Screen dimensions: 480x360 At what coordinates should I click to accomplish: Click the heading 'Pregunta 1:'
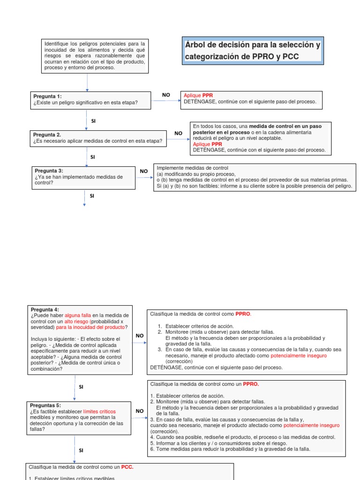click(47, 96)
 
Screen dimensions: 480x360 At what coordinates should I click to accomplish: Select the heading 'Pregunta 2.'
click(47, 134)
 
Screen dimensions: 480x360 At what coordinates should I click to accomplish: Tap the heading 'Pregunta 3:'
click(49, 171)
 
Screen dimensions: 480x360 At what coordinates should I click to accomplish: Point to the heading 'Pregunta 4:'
click(45, 309)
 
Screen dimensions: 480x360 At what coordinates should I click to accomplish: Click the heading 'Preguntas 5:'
click(45, 405)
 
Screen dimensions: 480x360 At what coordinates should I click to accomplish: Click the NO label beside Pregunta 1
click(166, 95)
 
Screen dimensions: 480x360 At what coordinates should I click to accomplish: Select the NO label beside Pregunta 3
click(144, 171)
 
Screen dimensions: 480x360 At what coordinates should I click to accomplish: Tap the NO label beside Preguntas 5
click(140, 411)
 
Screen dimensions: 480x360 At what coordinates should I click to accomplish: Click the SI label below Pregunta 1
click(93, 121)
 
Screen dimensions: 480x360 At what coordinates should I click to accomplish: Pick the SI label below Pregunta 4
click(81, 387)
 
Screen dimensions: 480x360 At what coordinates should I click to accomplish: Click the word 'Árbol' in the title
click(197, 45)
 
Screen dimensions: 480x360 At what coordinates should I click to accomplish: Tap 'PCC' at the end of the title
click(289, 56)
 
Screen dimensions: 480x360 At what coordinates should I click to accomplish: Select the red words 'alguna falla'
click(79, 315)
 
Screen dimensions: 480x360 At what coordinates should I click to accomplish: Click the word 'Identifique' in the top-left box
click(58, 43)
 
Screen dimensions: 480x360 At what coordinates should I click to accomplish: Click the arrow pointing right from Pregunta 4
click(139, 343)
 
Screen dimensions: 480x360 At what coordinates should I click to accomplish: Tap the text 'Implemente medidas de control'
click(192, 168)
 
